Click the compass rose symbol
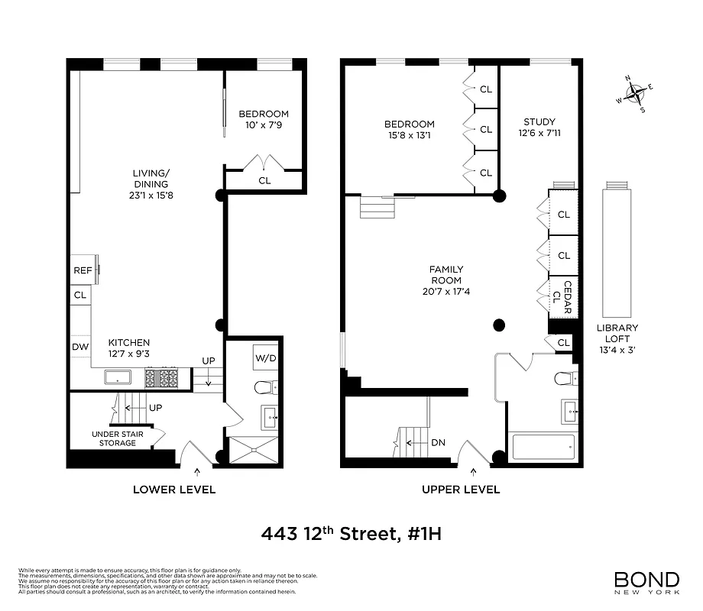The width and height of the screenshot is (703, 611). coord(635,94)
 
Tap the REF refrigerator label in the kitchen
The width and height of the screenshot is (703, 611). coord(82,270)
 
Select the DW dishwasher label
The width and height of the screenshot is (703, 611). coord(79,347)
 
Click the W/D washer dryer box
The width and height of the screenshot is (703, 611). coord(265,357)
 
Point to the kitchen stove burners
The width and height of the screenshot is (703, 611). coord(160,377)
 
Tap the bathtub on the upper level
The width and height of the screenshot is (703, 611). coord(542,446)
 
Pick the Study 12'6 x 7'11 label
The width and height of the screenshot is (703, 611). coord(539,128)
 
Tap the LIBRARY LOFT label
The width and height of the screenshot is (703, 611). coord(617,334)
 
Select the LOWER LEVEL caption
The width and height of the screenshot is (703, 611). coord(174,490)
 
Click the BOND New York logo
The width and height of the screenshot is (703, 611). coord(646,582)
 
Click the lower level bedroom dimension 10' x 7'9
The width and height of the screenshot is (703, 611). coord(264,125)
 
